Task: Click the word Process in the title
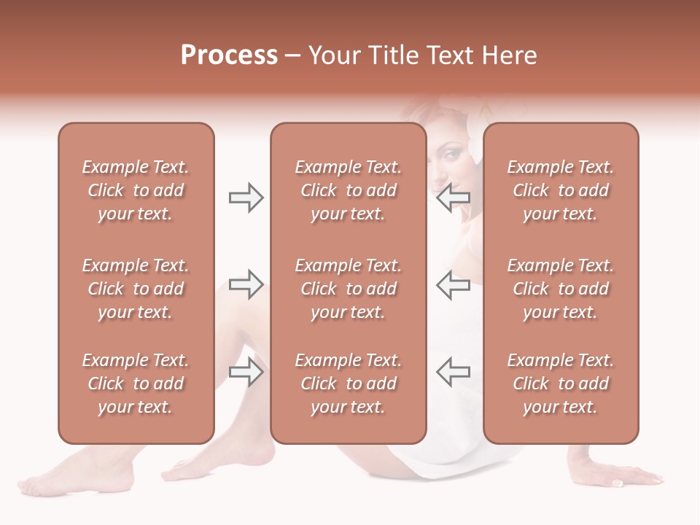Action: coord(229,55)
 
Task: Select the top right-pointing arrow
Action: coord(246,198)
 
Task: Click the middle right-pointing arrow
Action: coord(246,284)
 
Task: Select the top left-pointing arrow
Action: coord(453,198)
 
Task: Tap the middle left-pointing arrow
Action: coord(453,284)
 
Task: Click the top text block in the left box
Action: coord(136,190)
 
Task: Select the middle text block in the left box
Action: coord(136,289)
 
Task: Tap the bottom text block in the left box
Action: coord(136,384)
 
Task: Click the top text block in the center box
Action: coord(348,190)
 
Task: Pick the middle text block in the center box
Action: coord(348,289)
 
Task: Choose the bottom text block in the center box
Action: coord(348,384)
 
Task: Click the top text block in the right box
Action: coord(560,190)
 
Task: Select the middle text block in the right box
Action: coord(560,289)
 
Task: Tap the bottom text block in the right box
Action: coord(560,384)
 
